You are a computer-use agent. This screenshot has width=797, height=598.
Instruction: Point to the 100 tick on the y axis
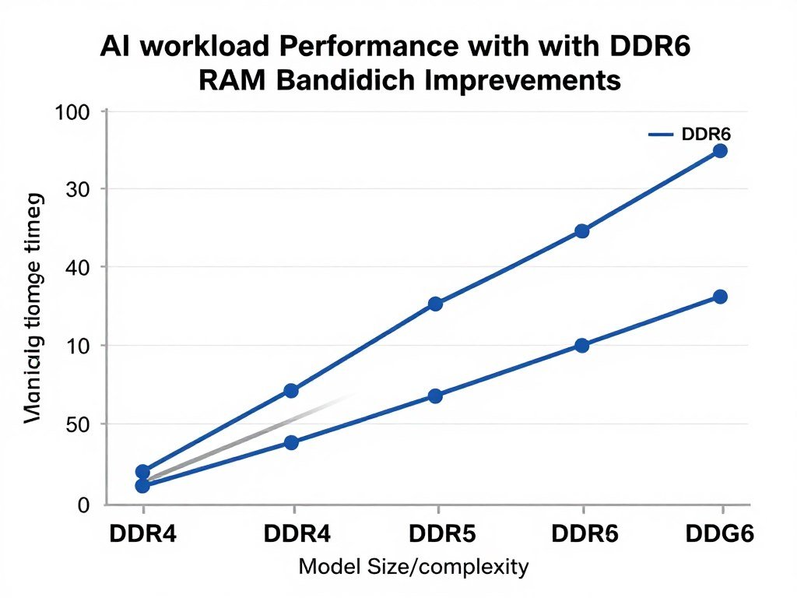click(73, 112)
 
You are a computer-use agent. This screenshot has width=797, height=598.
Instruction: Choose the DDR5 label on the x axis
click(437, 535)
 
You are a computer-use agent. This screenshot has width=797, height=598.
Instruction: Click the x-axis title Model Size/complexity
click(413, 567)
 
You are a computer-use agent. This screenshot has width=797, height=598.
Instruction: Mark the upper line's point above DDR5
click(435, 304)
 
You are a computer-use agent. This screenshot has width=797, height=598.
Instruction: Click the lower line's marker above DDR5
click(435, 396)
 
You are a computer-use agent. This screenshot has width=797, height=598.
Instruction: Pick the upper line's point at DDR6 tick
click(581, 231)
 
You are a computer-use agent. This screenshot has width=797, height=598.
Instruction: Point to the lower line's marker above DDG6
click(720, 297)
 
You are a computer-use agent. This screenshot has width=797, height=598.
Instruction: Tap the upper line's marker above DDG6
click(720, 150)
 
